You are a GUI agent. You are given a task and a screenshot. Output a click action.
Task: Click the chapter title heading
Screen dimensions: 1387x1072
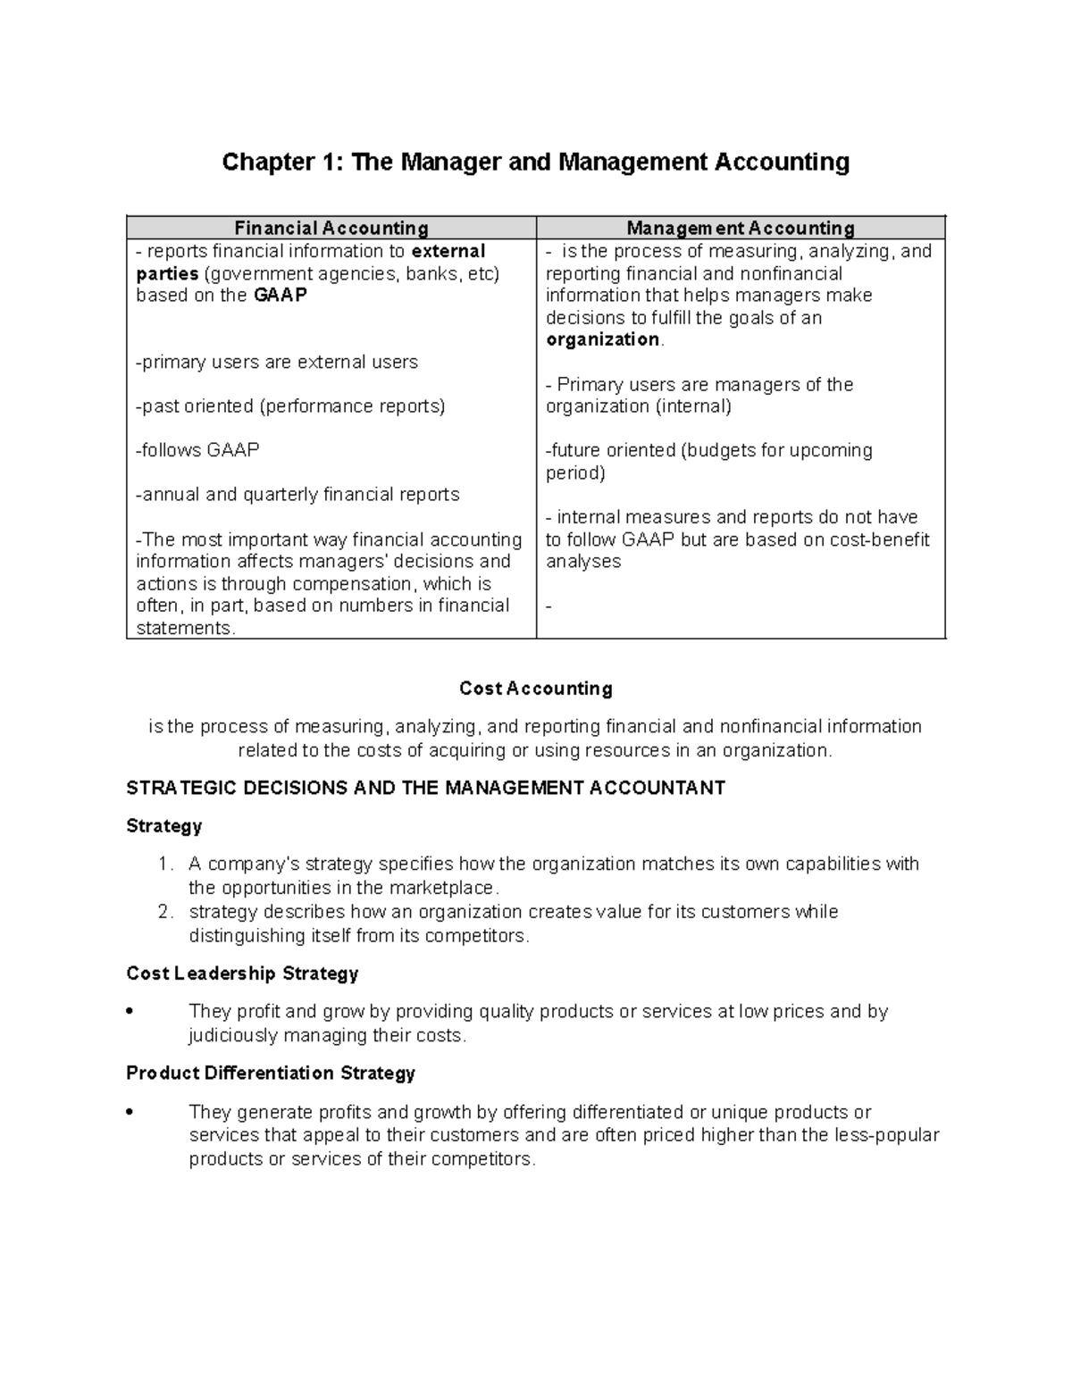[x=535, y=162]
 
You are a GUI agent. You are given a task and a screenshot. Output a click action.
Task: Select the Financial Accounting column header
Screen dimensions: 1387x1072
[x=331, y=228]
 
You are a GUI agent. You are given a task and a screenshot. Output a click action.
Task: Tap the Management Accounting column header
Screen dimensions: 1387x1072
[x=740, y=228]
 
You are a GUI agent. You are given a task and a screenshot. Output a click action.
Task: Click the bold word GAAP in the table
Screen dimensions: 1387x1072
[x=280, y=296]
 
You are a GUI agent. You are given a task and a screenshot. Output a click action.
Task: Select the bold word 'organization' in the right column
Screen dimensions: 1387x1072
[x=602, y=339]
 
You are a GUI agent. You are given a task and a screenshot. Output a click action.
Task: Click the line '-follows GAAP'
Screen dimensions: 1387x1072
[x=197, y=450]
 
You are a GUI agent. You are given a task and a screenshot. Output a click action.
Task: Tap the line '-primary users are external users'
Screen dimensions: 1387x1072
[x=277, y=362]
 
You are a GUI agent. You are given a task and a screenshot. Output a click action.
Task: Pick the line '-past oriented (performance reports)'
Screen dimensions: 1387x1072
[x=290, y=406]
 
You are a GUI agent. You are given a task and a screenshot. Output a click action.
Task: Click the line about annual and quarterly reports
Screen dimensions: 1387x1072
[x=297, y=495]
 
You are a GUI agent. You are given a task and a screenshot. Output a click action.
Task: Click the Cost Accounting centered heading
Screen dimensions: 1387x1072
[x=535, y=689]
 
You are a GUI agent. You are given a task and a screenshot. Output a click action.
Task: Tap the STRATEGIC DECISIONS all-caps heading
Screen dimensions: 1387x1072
[x=425, y=788]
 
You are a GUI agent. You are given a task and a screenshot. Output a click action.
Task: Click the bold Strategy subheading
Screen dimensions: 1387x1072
[x=164, y=826]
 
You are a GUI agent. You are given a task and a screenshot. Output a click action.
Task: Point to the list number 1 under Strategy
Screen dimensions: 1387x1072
[x=163, y=865]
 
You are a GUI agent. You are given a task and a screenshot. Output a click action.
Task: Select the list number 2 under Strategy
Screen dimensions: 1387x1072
[x=163, y=912]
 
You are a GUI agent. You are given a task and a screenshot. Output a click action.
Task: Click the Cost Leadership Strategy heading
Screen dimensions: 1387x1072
[x=242, y=973]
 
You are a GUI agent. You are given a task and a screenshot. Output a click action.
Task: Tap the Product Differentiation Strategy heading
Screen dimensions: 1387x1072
[x=271, y=1073]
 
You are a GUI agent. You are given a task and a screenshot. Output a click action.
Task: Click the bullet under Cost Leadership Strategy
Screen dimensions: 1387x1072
[x=130, y=1013]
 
